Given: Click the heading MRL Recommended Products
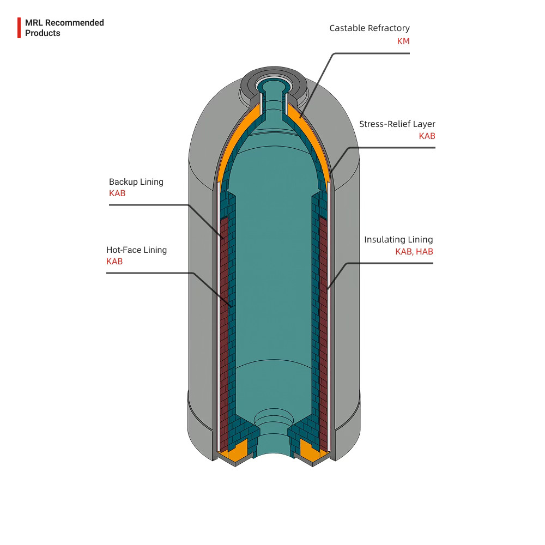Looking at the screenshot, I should pyautogui.click(x=64, y=28).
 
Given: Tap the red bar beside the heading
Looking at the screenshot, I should pyautogui.click(x=19, y=28).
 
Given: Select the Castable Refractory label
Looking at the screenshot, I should pyautogui.click(x=369, y=28).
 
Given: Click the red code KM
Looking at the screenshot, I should pyautogui.click(x=403, y=41).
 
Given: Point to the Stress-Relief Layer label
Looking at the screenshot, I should pyautogui.click(x=397, y=124).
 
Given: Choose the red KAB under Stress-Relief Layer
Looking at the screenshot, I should pyautogui.click(x=427, y=136).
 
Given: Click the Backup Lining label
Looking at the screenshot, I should pyautogui.click(x=136, y=182).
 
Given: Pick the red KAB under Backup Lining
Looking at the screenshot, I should pyautogui.click(x=117, y=193).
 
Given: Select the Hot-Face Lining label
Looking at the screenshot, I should pyautogui.click(x=136, y=250).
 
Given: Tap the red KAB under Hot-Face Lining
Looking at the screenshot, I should pyautogui.click(x=114, y=262).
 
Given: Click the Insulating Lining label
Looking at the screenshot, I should pyautogui.click(x=398, y=240).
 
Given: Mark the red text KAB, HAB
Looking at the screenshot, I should pyautogui.click(x=414, y=252).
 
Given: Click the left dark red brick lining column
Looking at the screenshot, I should pyautogui.click(x=224, y=327).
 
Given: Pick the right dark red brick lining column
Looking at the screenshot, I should pyautogui.click(x=322, y=327).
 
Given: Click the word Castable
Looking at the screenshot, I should pyautogui.click(x=347, y=28).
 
